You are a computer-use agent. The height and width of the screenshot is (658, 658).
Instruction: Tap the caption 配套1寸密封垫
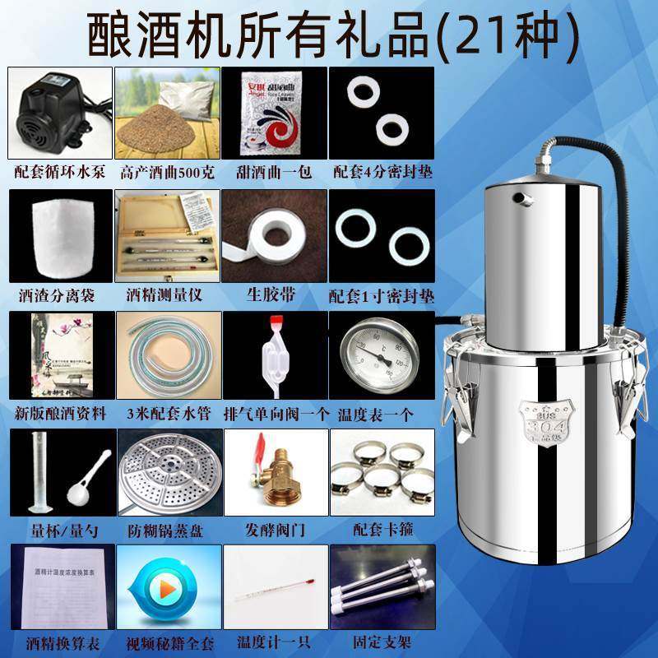pyautogui.click(x=382, y=294)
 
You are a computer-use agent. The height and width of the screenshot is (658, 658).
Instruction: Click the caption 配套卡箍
pyautogui.click(x=382, y=532)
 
